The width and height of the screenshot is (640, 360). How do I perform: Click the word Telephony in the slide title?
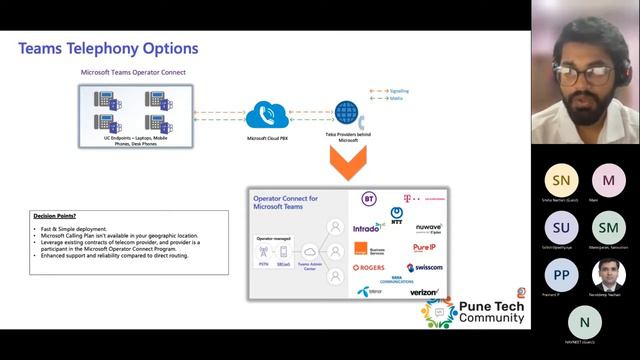point(109,48)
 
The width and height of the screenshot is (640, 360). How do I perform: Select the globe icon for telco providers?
point(347,111)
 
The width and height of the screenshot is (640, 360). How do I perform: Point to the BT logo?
point(369,199)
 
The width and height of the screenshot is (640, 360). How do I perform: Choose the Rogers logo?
point(369,267)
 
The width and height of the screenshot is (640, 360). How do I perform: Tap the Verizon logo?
point(424,292)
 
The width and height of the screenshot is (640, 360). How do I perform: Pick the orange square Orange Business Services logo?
point(361,247)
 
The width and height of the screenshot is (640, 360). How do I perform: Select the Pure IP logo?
point(424,246)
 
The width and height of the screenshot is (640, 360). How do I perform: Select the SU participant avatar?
point(560,227)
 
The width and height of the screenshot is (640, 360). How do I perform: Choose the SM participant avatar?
point(607,227)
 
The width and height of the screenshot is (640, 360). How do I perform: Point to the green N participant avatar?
point(584,321)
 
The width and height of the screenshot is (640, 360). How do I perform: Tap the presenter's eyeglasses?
point(583,73)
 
